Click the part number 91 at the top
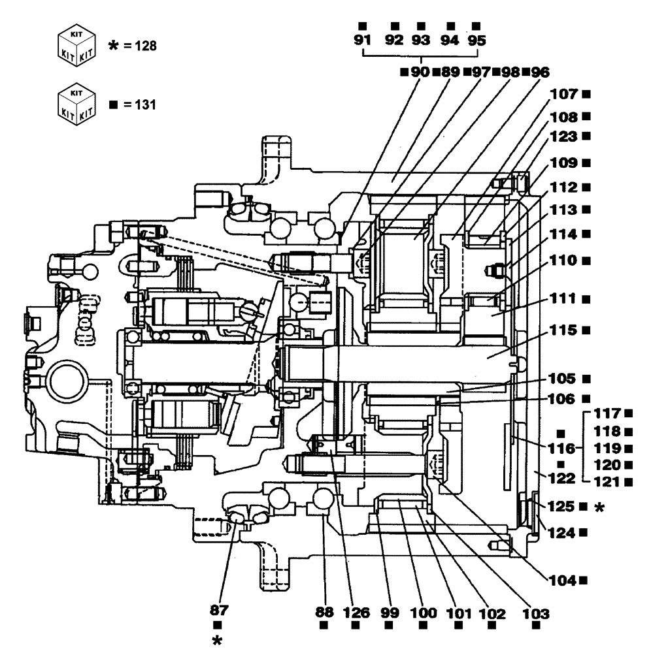click(361, 40)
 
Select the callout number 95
click(477, 40)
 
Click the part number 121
click(607, 482)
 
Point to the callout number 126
click(357, 614)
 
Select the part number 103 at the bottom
click(535, 614)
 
